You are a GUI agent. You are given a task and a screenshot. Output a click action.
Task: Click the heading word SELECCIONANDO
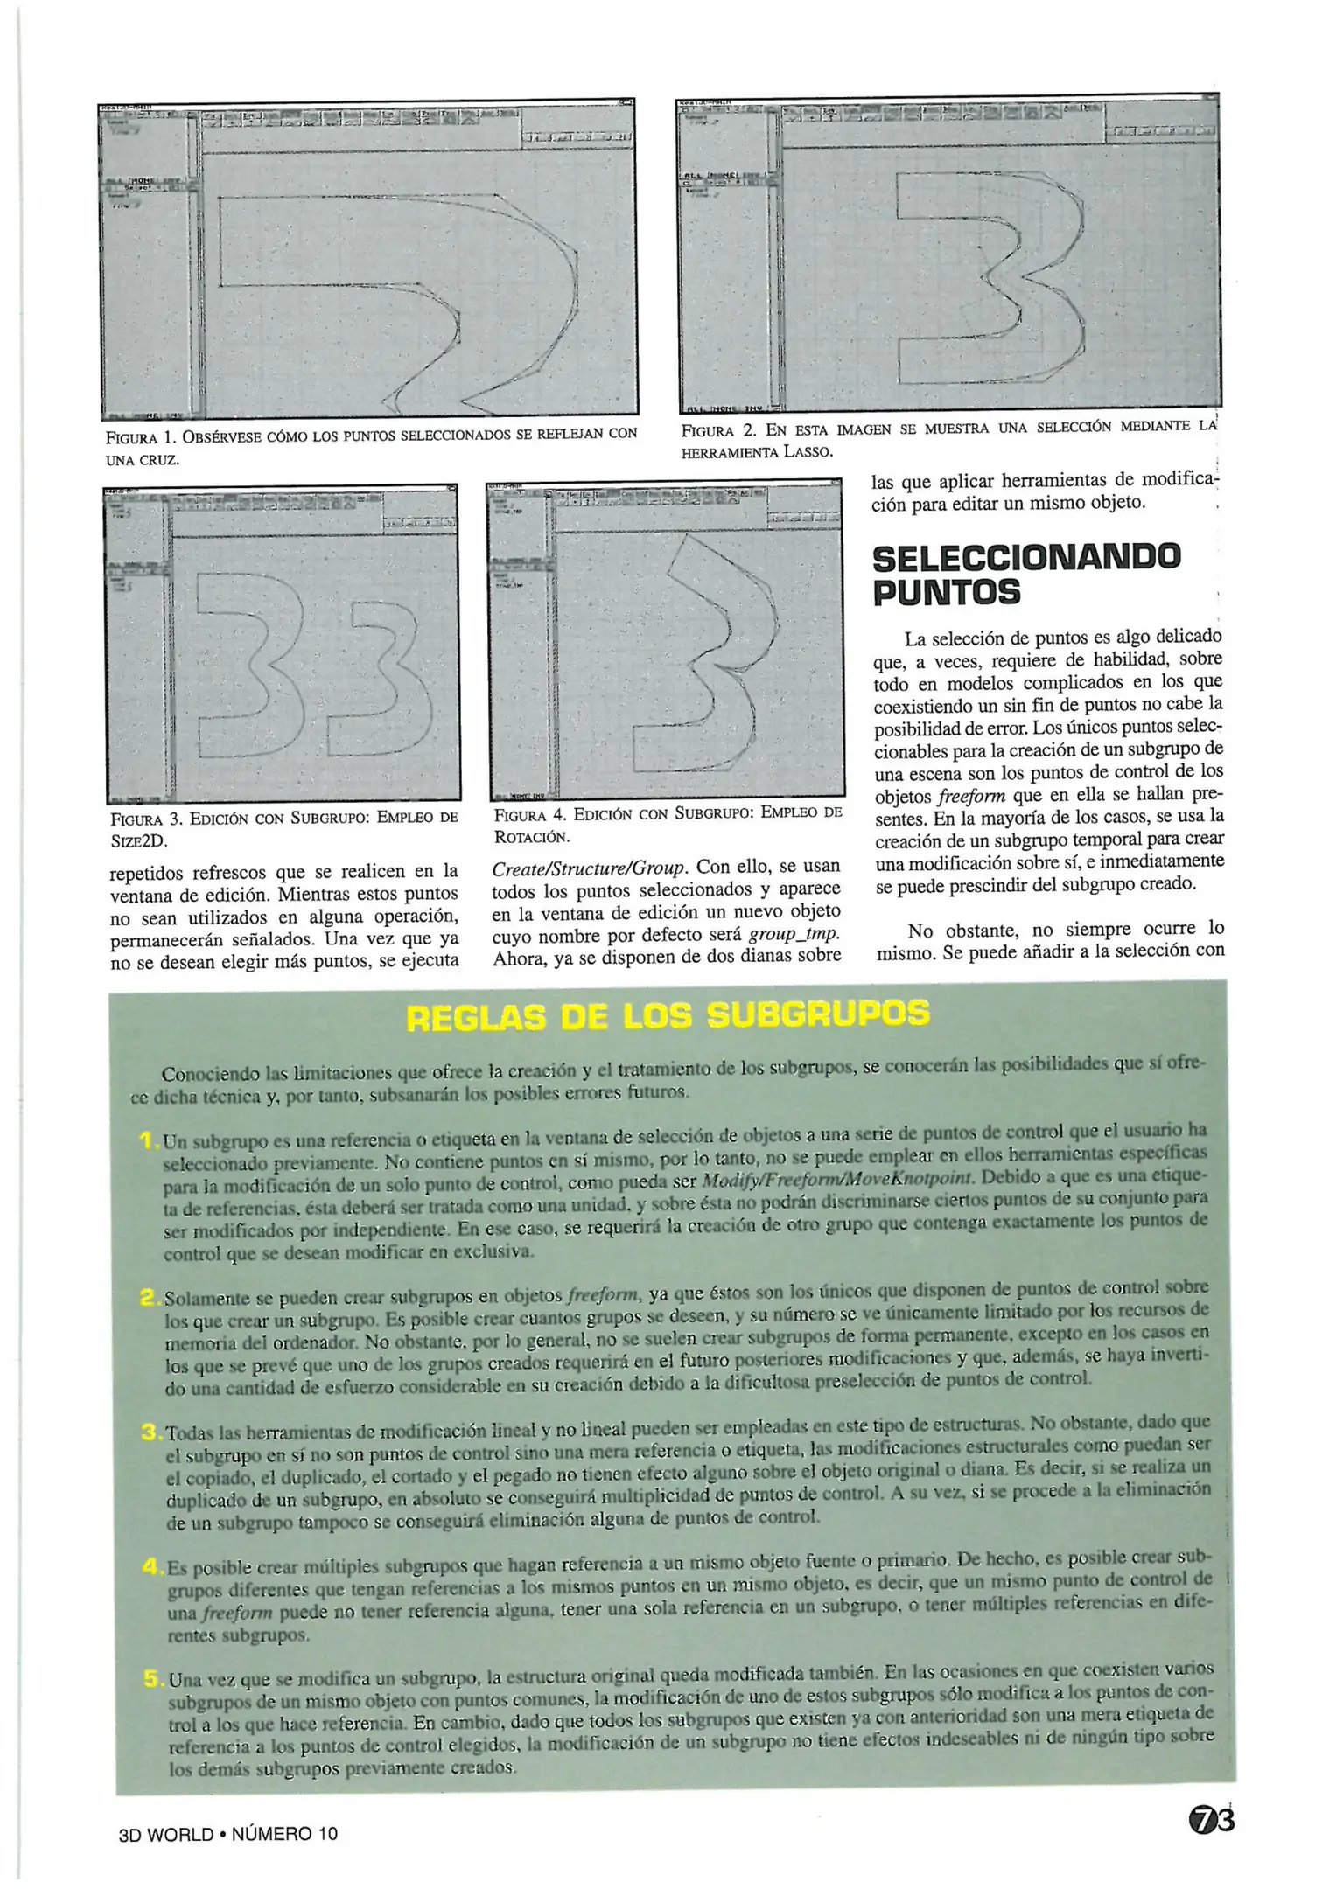tap(1026, 557)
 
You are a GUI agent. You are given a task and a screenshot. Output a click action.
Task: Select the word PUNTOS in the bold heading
tap(946, 593)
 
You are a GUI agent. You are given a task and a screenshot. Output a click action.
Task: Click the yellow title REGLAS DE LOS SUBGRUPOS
tap(668, 1015)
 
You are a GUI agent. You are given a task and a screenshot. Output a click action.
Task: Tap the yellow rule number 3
tap(150, 1432)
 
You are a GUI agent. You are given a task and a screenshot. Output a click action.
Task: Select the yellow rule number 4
tap(151, 1566)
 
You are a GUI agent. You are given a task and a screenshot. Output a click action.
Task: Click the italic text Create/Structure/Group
tap(590, 867)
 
